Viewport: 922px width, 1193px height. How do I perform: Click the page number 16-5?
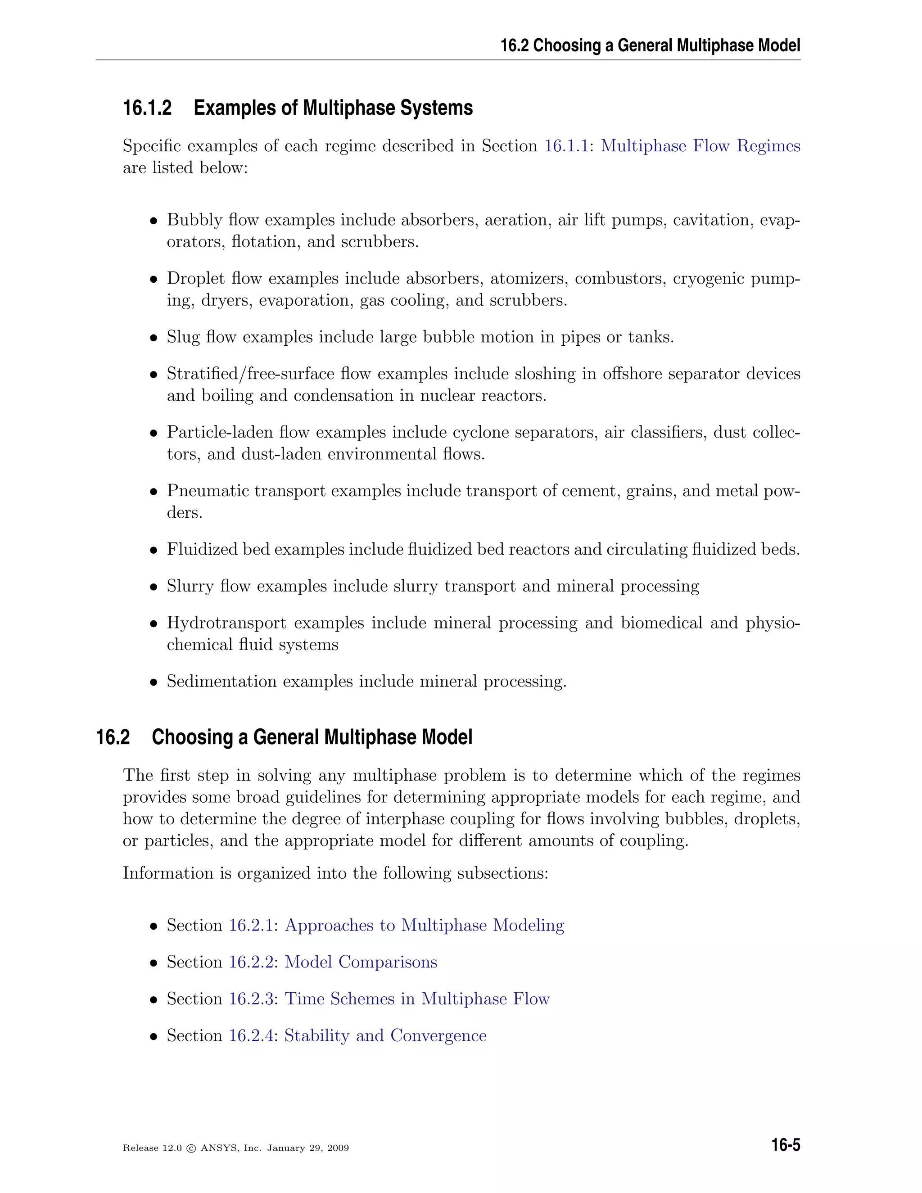(x=786, y=1145)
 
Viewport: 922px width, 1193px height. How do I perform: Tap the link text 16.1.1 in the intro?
(x=566, y=146)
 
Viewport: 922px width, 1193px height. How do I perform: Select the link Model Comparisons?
(x=361, y=962)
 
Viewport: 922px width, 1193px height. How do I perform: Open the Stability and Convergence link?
(x=385, y=1036)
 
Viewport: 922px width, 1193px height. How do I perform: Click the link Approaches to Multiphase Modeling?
(x=425, y=925)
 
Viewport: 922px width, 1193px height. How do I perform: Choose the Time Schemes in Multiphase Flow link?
(x=417, y=999)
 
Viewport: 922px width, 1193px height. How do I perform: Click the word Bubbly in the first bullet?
(x=187, y=220)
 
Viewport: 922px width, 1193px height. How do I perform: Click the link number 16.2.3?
(x=251, y=999)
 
